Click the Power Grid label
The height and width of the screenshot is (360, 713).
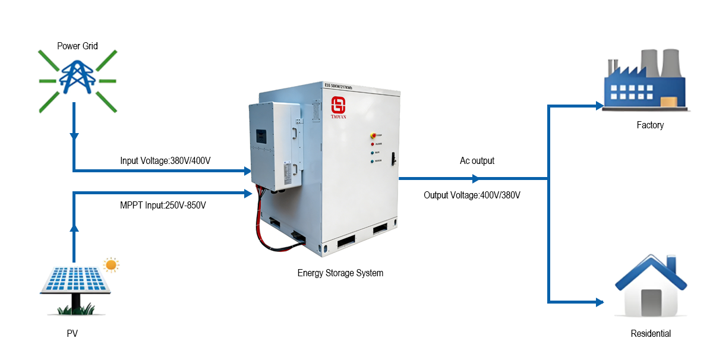(77, 46)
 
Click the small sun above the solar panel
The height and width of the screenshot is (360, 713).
(111, 264)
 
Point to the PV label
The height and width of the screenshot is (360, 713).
(72, 334)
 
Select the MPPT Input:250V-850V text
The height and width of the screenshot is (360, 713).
(163, 206)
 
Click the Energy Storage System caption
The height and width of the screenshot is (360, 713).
(340, 273)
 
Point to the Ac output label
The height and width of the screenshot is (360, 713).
(477, 160)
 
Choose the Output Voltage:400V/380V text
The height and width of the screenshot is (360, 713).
(472, 195)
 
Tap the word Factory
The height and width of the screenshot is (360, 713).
(649, 125)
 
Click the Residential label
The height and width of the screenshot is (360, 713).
(650, 334)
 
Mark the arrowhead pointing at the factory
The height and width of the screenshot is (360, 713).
(599, 106)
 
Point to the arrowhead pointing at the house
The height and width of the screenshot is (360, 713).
(599, 302)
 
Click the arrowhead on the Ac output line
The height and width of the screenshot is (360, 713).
(475, 178)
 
